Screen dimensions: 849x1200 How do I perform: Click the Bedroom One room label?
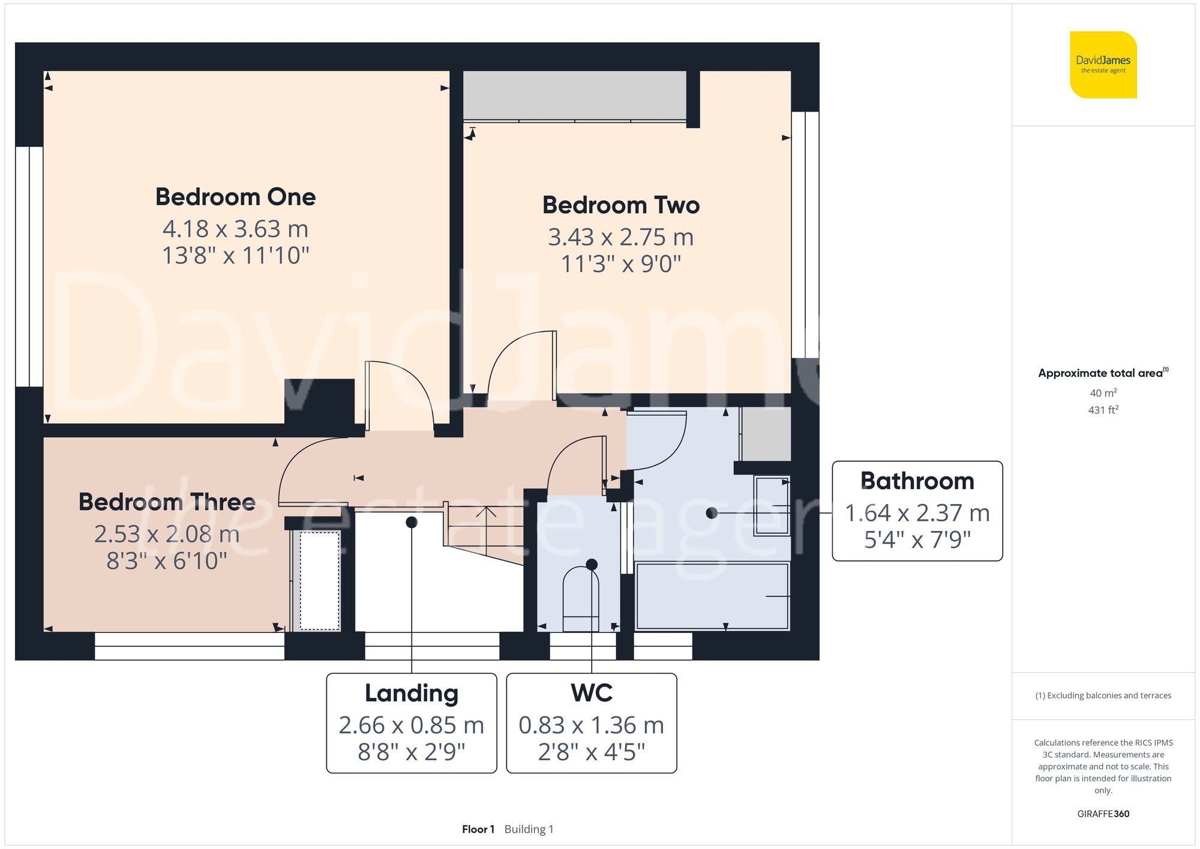click(235, 197)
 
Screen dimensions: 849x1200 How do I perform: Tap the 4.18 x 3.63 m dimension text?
click(235, 229)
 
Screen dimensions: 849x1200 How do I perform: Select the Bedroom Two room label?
click(621, 205)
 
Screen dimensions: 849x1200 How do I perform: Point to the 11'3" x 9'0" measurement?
click(621, 263)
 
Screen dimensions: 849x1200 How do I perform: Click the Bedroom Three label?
click(167, 502)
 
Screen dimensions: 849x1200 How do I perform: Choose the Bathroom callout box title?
click(917, 481)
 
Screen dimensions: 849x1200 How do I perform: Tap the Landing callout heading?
click(412, 693)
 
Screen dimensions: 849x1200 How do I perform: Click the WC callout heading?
click(592, 693)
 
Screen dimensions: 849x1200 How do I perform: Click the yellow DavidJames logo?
click(1103, 65)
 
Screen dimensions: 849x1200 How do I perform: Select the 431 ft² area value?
click(1103, 410)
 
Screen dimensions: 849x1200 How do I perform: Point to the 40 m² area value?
click(1103, 393)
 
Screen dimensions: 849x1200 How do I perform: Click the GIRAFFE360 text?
click(1103, 814)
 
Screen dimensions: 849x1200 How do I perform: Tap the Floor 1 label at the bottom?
click(478, 829)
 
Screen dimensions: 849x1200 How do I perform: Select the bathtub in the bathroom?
click(712, 596)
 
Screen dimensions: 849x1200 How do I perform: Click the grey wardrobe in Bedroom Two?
click(575, 95)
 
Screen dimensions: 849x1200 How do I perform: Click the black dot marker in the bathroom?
click(712, 513)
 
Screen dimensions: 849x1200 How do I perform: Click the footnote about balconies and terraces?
click(1103, 695)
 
